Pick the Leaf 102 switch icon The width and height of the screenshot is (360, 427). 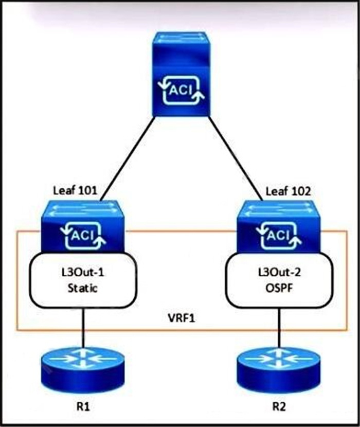click(x=278, y=226)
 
